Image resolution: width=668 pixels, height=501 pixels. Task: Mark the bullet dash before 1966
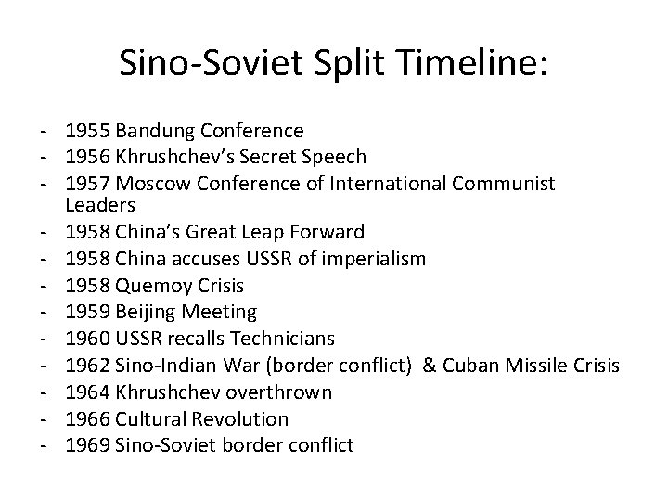tap(45, 419)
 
